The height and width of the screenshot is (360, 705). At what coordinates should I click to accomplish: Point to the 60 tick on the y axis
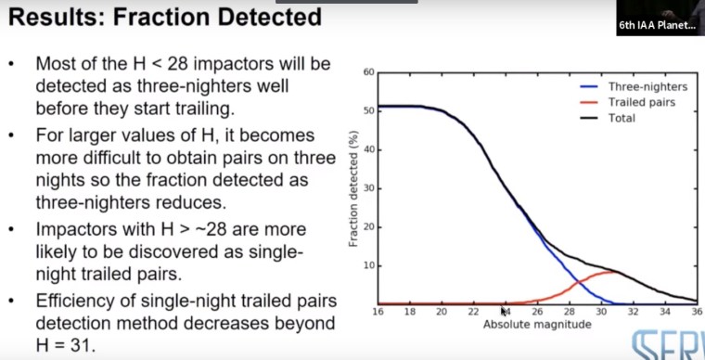tap(368, 72)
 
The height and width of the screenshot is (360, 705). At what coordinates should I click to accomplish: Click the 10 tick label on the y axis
tap(368, 265)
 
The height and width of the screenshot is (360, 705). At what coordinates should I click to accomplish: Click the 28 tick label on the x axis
tap(570, 313)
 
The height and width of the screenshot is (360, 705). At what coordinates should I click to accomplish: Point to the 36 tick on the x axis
tap(696, 313)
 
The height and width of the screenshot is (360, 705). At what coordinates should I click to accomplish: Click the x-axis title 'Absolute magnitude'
tap(536, 326)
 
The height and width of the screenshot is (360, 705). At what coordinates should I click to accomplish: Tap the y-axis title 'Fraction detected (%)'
tap(354, 188)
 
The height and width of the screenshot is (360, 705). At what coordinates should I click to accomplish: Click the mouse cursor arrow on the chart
tap(504, 312)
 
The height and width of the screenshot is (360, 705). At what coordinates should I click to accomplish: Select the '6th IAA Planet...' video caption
tap(657, 27)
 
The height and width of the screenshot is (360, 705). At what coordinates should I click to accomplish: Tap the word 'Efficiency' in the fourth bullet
tap(77, 302)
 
